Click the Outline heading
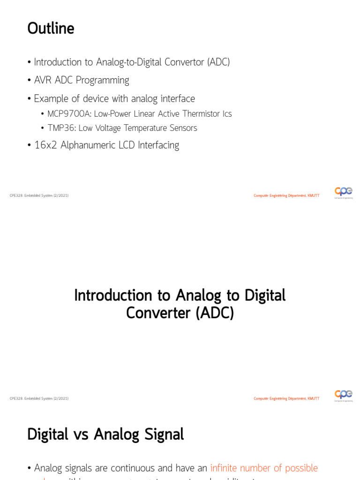pyautogui.click(x=51, y=29)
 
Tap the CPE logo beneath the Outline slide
pyautogui.click(x=343, y=192)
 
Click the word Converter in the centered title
pyautogui.click(x=158, y=313)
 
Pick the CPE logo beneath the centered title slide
pyautogui.click(x=343, y=395)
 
